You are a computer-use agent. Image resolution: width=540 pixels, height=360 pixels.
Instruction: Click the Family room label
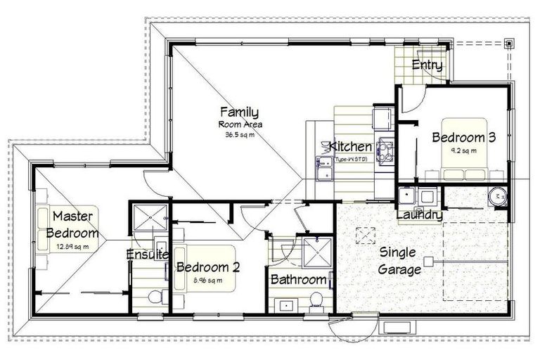click(239, 112)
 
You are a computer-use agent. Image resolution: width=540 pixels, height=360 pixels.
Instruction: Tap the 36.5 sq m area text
click(239, 134)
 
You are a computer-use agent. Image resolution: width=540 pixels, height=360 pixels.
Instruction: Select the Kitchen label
click(350, 147)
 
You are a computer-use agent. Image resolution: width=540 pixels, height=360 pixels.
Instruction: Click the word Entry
click(427, 66)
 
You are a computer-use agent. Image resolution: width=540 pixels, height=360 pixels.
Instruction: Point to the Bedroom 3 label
click(464, 137)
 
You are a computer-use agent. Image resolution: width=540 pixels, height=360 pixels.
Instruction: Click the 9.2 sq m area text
click(464, 150)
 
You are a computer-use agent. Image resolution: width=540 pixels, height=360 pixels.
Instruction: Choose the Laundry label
click(420, 214)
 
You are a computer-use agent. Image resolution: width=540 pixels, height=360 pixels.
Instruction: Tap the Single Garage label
click(398, 260)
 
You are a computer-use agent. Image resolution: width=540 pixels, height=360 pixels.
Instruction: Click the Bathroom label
click(299, 280)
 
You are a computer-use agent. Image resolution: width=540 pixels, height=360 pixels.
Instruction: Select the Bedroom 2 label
click(208, 267)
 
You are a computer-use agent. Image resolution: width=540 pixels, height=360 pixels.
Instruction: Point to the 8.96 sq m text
click(208, 281)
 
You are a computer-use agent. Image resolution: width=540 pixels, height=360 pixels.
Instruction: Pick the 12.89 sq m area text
click(73, 247)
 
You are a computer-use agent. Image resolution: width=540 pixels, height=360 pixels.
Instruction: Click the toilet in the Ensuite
click(155, 297)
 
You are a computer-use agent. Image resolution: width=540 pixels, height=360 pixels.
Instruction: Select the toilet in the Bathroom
click(316, 300)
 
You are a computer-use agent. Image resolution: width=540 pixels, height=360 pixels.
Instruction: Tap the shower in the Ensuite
click(150, 218)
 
